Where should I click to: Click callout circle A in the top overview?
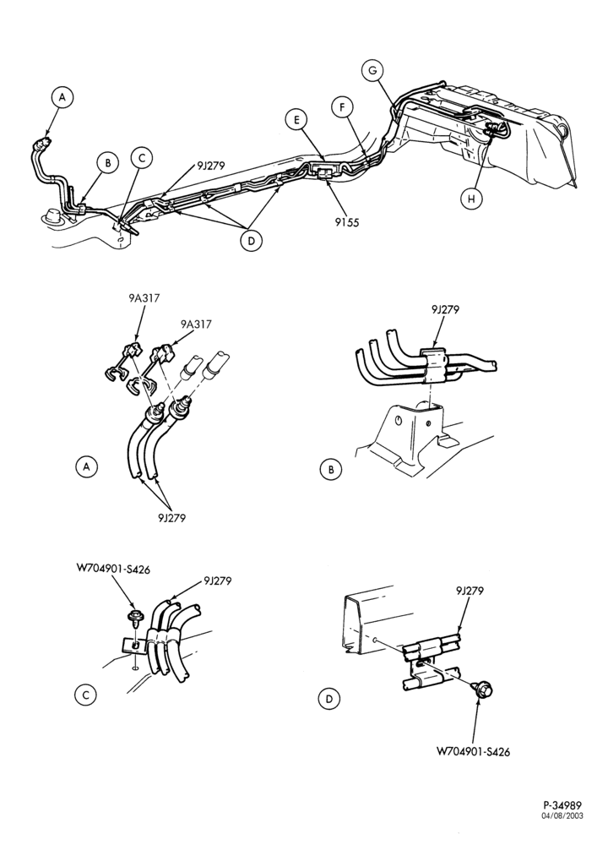coord(62,97)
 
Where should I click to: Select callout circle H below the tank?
coord(472,199)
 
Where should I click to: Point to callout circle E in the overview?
coord(296,120)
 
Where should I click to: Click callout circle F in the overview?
coord(342,107)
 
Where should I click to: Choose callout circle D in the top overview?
coord(251,241)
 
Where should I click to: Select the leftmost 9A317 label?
coord(144,297)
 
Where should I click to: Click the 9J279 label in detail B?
coord(445,309)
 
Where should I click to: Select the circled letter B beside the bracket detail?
coord(331,469)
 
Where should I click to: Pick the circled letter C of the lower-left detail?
coord(85,695)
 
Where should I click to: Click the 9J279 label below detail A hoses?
coord(171,518)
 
